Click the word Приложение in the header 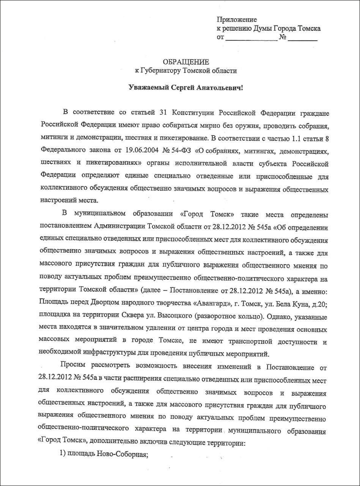237,19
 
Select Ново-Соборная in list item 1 122,455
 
